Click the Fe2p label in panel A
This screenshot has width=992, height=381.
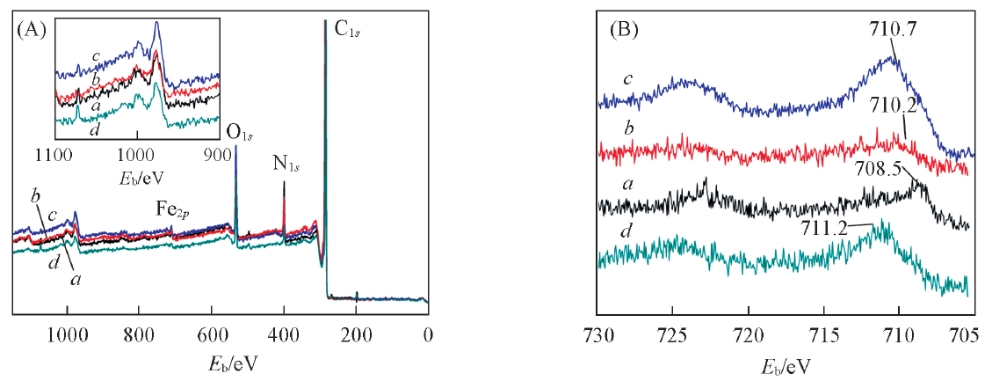pyautogui.click(x=173, y=211)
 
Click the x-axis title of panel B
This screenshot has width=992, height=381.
pyautogui.click(x=783, y=363)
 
